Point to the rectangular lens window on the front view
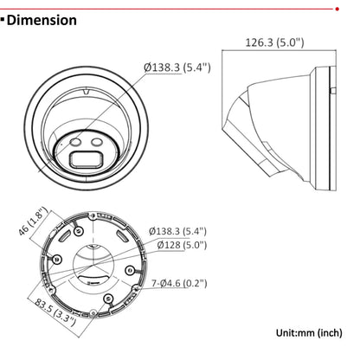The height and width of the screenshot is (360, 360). point(86,158)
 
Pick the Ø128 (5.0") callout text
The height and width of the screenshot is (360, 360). point(183,245)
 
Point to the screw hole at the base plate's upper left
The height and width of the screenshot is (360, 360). point(78,229)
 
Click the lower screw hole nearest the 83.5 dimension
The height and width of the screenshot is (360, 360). point(106,299)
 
